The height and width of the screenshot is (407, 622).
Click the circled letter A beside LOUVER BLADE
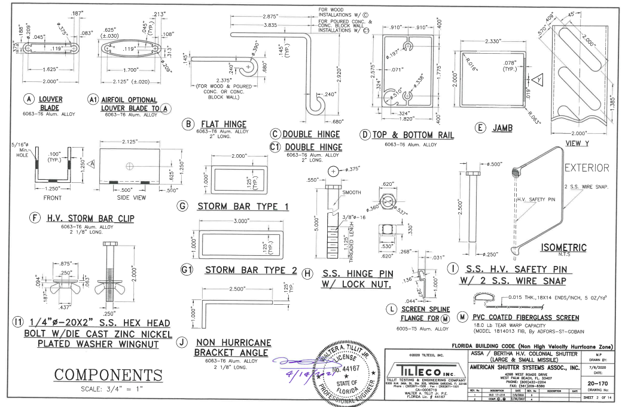pyautogui.click(x=28, y=99)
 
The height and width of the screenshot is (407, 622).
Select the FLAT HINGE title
pyautogui.click(x=224, y=124)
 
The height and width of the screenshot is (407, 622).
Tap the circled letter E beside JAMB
pyautogui.click(x=478, y=127)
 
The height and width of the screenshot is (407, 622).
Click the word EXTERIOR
pyautogui.click(x=587, y=168)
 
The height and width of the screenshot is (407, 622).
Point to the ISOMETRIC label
pyautogui.click(x=563, y=246)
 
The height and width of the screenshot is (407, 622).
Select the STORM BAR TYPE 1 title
pyautogui.click(x=243, y=207)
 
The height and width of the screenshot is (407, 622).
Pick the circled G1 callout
pyautogui.click(x=187, y=270)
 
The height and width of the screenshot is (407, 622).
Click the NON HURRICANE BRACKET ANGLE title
pyautogui.click(x=234, y=348)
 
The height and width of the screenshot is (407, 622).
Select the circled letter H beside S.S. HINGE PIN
pyautogui.click(x=308, y=274)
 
